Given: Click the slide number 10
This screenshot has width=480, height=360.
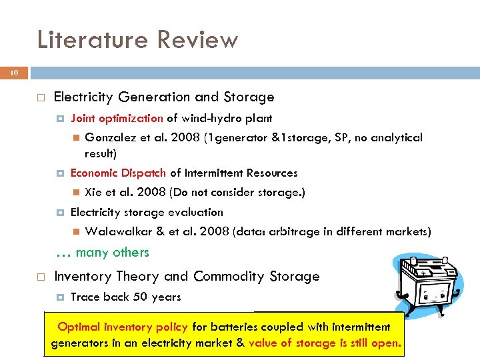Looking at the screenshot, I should [14, 73].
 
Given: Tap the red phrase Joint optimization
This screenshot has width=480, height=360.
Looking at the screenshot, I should [117, 119].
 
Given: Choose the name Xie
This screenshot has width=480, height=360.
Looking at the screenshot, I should [95, 193].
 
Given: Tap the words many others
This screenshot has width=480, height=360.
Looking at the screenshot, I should [112, 253].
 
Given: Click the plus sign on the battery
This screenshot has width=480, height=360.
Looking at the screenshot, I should [421, 273].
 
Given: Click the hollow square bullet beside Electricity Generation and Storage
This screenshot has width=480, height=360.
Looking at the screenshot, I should [41, 98].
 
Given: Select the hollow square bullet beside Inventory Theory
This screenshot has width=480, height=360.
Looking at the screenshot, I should [41, 277].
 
